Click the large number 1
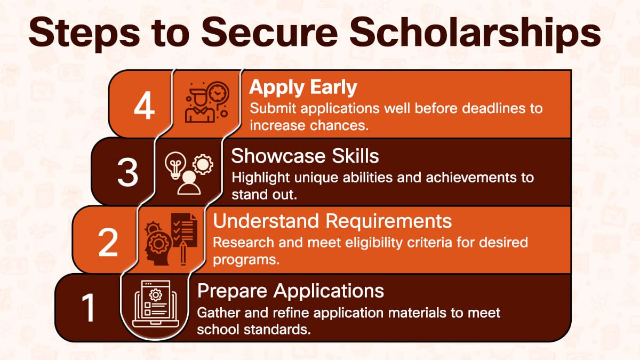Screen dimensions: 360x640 89,308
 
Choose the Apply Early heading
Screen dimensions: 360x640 303,87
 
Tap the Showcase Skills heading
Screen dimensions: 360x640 305,156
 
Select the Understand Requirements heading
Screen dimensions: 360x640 332,221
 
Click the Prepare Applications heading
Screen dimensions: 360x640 291,291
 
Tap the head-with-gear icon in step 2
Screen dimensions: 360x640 158,245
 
